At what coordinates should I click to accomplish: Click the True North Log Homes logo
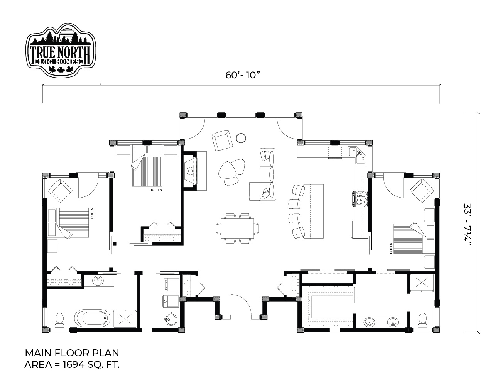[x=61, y=50]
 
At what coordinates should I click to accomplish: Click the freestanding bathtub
[x=91, y=318]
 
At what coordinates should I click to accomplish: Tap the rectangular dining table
[x=237, y=228]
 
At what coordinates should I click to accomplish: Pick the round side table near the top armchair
[x=241, y=138]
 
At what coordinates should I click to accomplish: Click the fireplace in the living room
[x=191, y=171]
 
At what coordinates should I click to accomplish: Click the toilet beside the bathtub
[x=59, y=320]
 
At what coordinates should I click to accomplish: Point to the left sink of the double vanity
[x=370, y=322]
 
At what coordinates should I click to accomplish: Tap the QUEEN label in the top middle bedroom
[x=157, y=190]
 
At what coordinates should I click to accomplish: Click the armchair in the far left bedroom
[x=61, y=191]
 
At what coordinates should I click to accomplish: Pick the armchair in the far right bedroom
[x=422, y=191]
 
